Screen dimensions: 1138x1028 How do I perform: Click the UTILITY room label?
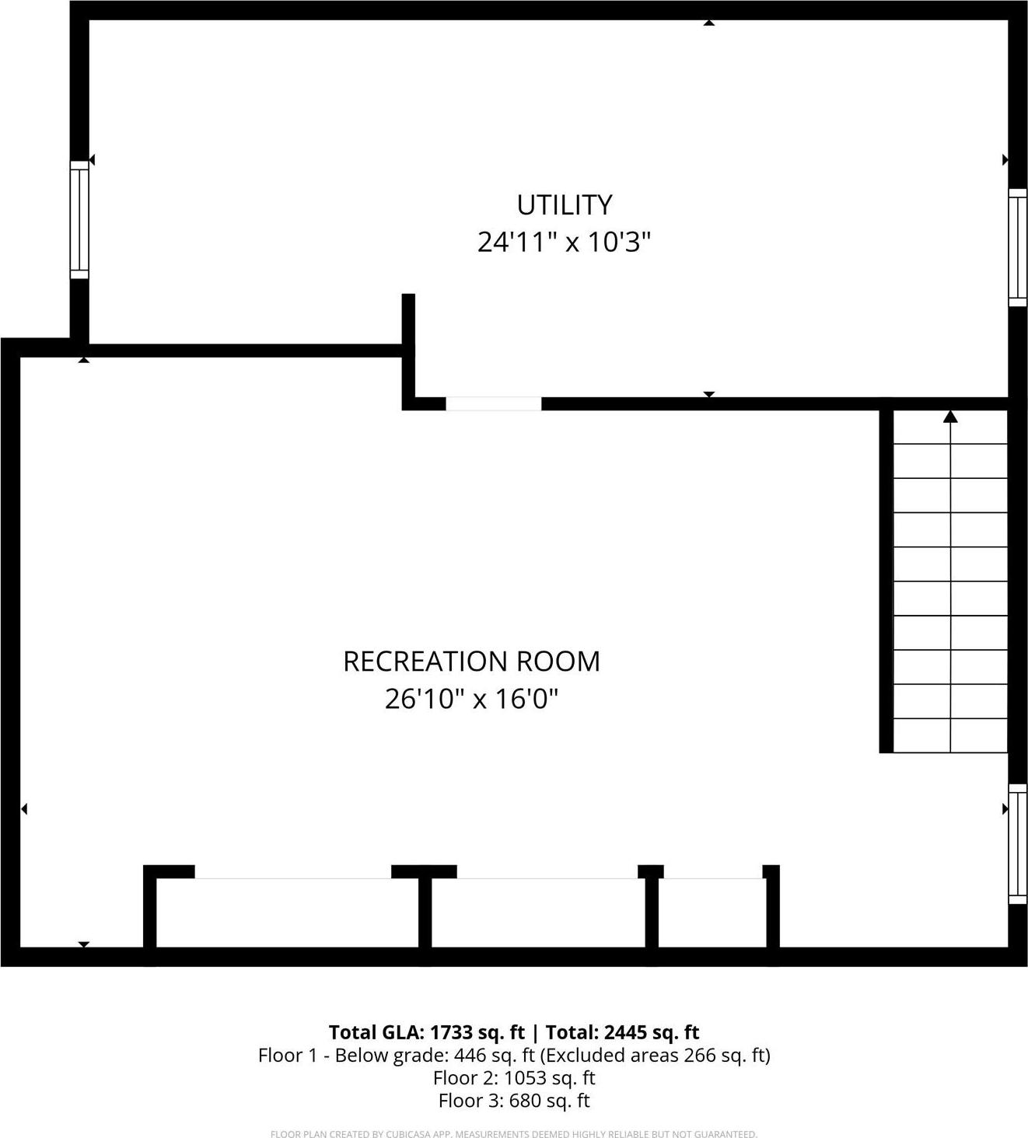(x=565, y=204)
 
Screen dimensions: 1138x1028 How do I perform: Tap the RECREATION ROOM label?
(x=471, y=662)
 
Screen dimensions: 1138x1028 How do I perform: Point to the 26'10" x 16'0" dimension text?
(x=471, y=700)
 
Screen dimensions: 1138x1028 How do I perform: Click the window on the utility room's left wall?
(x=79, y=219)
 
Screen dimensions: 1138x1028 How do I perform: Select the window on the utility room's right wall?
(x=1017, y=247)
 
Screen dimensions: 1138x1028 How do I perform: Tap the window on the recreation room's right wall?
(x=1017, y=843)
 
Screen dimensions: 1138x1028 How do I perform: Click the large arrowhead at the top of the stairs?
(x=950, y=417)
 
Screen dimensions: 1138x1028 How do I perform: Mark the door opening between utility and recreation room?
(x=493, y=403)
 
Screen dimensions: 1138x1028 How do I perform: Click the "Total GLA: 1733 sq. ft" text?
(x=426, y=1032)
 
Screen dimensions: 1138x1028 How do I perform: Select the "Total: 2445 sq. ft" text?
(x=622, y=1032)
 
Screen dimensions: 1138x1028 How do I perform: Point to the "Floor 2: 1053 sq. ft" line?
(x=514, y=1078)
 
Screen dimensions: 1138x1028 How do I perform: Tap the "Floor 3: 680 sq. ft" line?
(x=514, y=1101)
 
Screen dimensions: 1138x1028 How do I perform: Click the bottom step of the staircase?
(x=950, y=736)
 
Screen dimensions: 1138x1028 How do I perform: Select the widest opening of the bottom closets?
(x=292, y=878)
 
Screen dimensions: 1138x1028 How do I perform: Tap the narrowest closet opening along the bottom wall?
(x=712, y=878)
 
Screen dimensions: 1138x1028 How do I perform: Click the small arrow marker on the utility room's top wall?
(x=708, y=23)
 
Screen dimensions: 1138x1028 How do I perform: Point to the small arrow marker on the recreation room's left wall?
(x=24, y=809)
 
